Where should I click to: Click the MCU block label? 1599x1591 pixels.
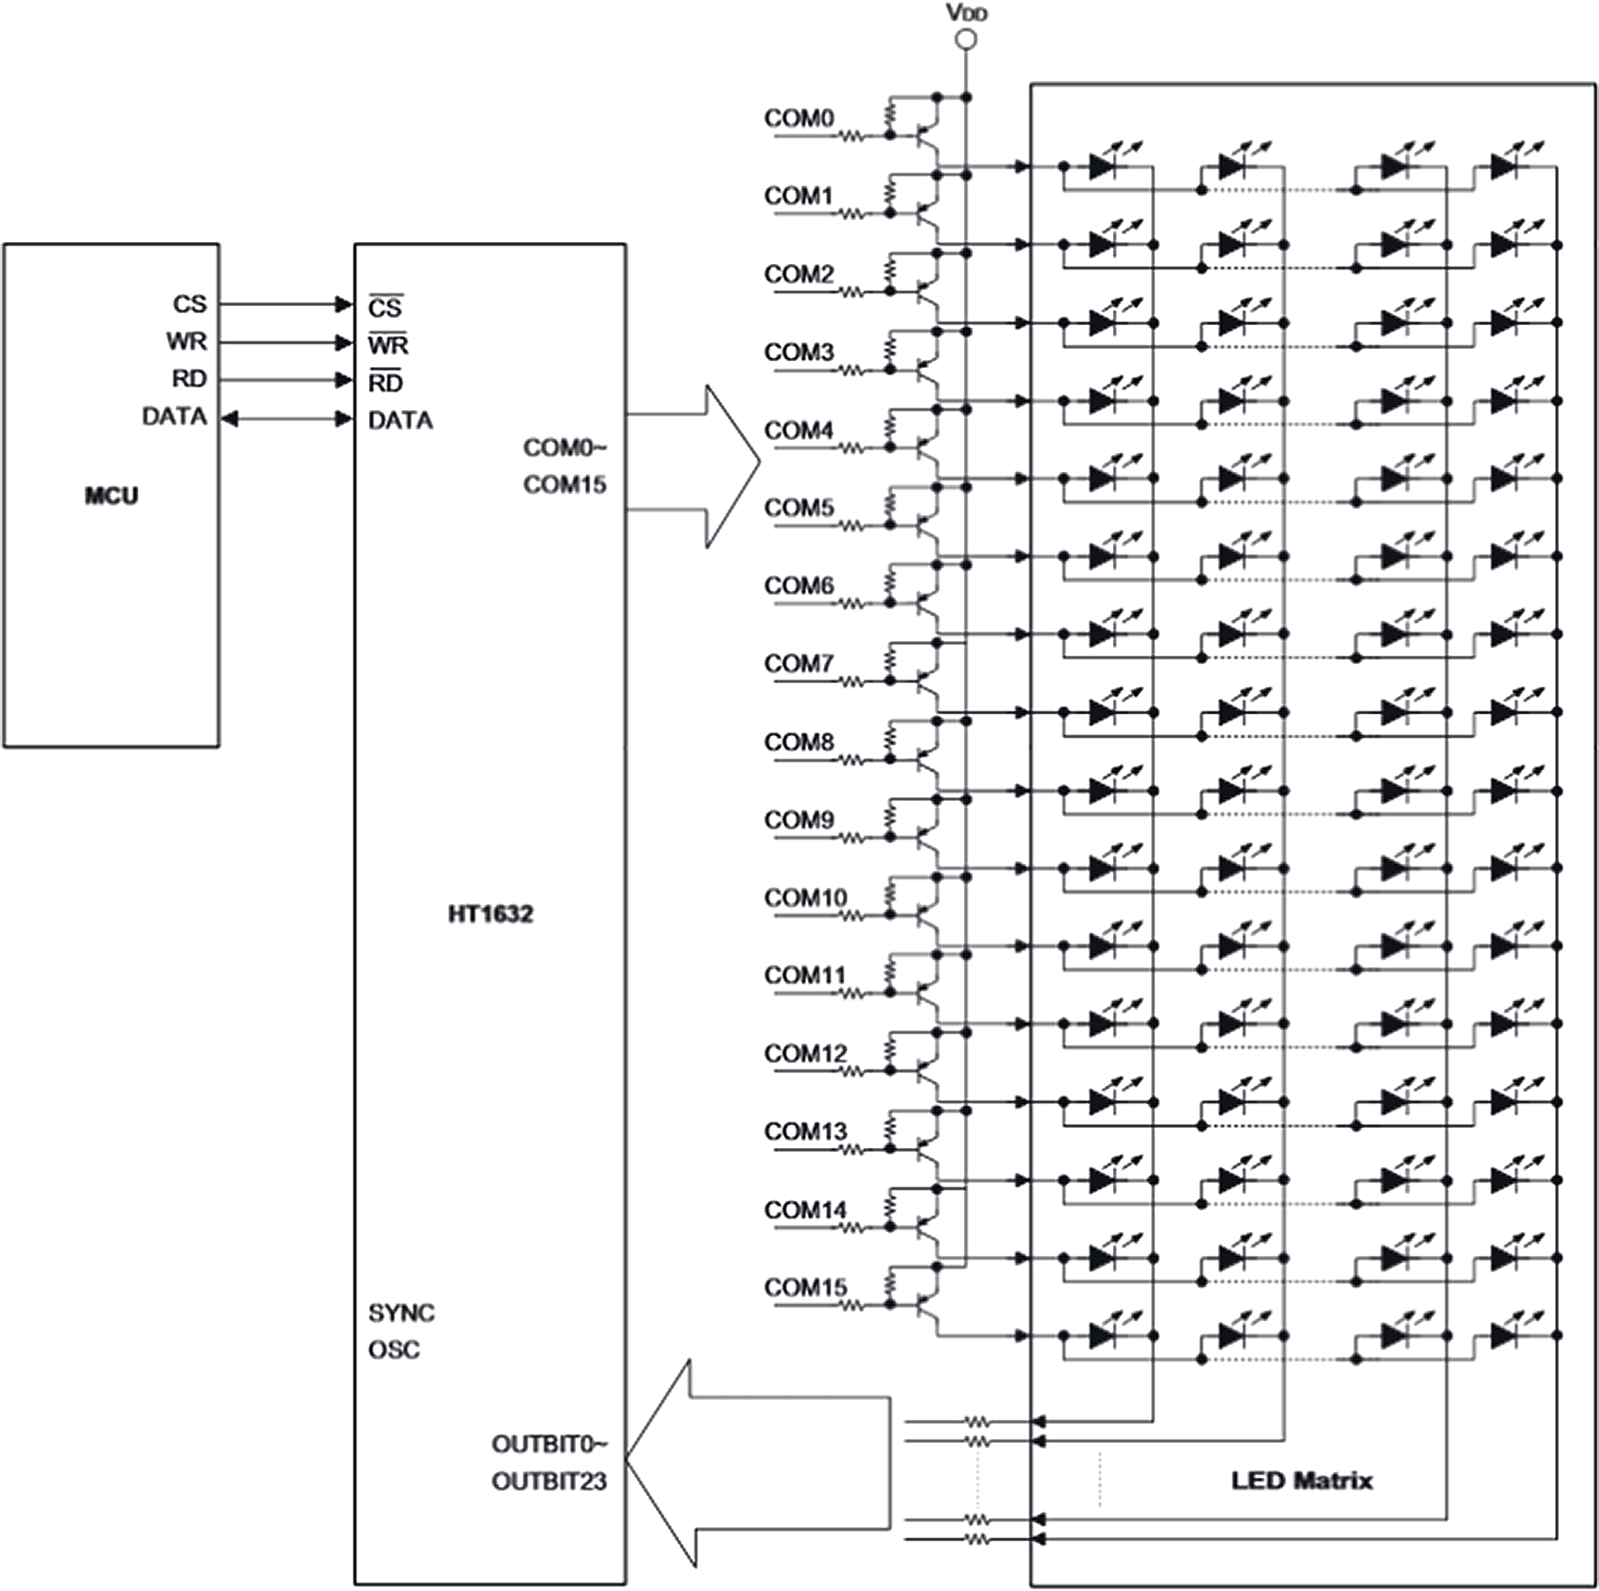pos(111,496)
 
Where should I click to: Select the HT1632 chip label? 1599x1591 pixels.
pos(490,914)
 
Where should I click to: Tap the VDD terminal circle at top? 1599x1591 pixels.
pos(966,39)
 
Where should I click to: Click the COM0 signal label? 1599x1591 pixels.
pos(799,118)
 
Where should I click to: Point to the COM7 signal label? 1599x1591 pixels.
pos(799,663)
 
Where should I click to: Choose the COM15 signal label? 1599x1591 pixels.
pos(805,1287)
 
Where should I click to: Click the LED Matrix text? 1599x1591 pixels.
pos(1301,1480)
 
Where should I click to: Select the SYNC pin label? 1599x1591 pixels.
pos(401,1313)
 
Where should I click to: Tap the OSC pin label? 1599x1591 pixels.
pos(394,1350)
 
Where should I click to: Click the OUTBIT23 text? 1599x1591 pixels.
pos(548,1481)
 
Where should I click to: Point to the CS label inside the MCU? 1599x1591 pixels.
pos(190,304)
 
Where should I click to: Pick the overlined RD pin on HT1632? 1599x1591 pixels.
pos(385,383)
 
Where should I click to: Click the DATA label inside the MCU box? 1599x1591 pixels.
pos(175,416)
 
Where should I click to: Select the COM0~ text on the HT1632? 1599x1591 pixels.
pos(565,448)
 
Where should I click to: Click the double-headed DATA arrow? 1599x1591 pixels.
pos(287,419)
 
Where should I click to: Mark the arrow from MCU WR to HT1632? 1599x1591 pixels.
pos(287,343)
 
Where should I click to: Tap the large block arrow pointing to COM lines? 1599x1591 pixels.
pos(713,466)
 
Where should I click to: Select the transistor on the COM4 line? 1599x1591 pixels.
pos(926,448)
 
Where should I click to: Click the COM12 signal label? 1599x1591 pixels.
pos(805,1053)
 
